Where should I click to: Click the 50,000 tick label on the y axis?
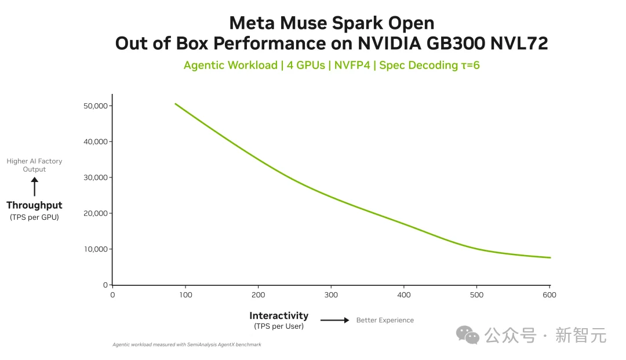click(96, 106)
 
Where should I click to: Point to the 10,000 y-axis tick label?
click(96, 249)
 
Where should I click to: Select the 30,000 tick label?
click(96, 177)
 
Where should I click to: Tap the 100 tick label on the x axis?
click(185, 295)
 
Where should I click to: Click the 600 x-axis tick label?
click(549, 295)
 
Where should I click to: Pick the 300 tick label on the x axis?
click(331, 295)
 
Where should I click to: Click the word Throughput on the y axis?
click(34, 205)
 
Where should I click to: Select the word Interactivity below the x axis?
click(279, 316)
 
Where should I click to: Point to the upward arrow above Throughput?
click(35, 187)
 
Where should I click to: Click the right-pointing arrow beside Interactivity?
click(335, 320)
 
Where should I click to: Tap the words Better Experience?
click(385, 320)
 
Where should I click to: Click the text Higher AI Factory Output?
click(34, 165)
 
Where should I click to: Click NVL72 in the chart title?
click(519, 43)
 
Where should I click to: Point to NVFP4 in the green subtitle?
click(352, 65)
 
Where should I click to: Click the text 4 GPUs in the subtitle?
click(306, 65)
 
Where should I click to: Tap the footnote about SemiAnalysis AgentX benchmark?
click(187, 344)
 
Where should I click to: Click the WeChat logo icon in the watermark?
click(468, 335)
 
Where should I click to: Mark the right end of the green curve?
click(551, 258)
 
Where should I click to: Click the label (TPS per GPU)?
click(34, 217)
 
